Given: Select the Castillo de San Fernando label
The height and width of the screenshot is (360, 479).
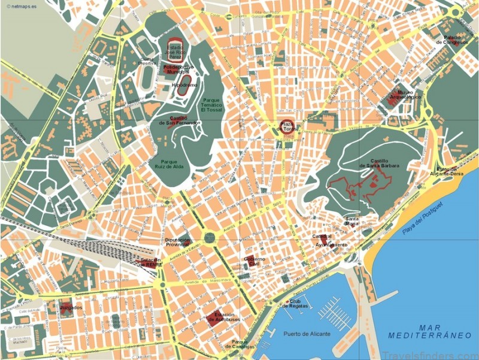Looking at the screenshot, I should [x=179, y=121].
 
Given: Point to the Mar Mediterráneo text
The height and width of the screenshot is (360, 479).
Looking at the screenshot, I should [x=429, y=331].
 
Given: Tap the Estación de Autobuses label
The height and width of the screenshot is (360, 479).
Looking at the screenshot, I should [x=221, y=317].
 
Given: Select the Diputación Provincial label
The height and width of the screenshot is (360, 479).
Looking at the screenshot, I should [x=177, y=242].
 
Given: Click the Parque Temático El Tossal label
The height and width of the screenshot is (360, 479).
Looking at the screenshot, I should [x=211, y=105].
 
